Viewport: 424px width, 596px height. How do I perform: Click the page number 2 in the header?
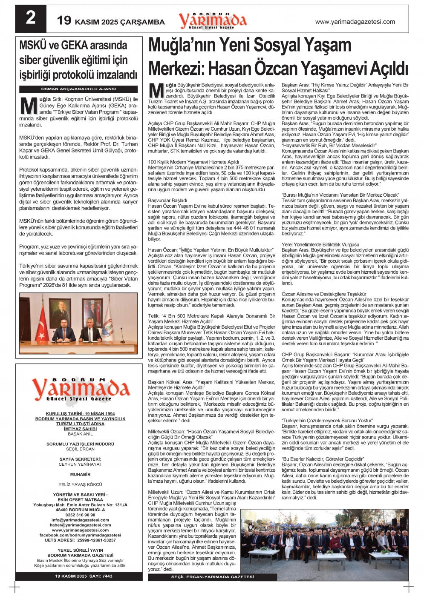(x=30, y=18)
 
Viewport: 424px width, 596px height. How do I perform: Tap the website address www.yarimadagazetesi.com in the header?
(x=355, y=22)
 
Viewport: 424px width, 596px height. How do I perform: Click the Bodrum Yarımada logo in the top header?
(x=212, y=20)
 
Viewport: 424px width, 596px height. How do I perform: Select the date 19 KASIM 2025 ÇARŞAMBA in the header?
(x=111, y=21)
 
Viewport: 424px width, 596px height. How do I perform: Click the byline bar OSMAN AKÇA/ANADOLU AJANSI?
(x=78, y=89)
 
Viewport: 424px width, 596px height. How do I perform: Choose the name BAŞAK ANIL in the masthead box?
(x=80, y=434)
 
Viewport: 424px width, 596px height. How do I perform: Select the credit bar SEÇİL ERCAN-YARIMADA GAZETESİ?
(x=212, y=577)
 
